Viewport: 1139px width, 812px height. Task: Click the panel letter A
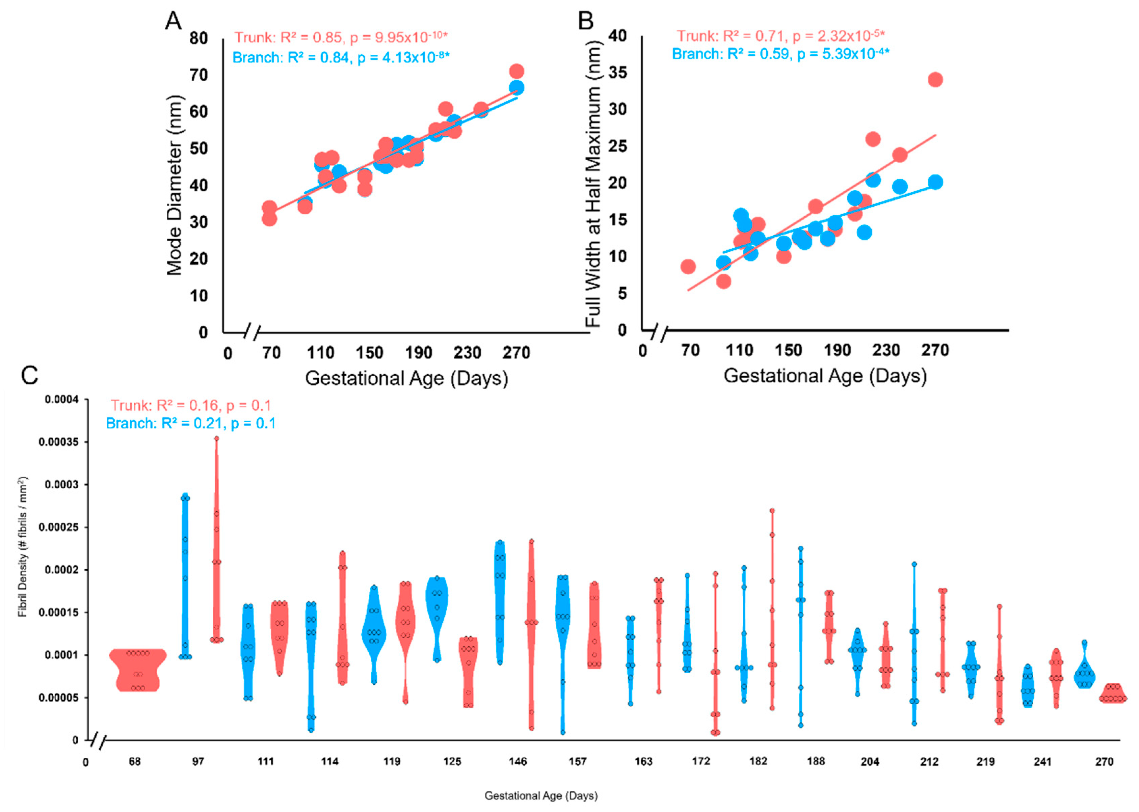[x=173, y=21]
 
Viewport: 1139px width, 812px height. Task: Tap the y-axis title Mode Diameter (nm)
[x=174, y=185]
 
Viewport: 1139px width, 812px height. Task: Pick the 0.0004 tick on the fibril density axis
[x=61, y=400]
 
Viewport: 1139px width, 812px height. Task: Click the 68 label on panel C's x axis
[x=134, y=761]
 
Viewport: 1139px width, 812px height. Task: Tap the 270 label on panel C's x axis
[x=1104, y=761]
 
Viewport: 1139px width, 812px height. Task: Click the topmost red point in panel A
[x=516, y=71]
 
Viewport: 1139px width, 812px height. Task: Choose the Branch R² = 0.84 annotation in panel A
[x=341, y=57]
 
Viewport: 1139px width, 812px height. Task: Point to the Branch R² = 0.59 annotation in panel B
[x=780, y=54]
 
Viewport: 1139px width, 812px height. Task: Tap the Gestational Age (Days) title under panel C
[x=541, y=795]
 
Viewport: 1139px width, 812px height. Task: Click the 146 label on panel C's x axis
[x=518, y=761]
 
